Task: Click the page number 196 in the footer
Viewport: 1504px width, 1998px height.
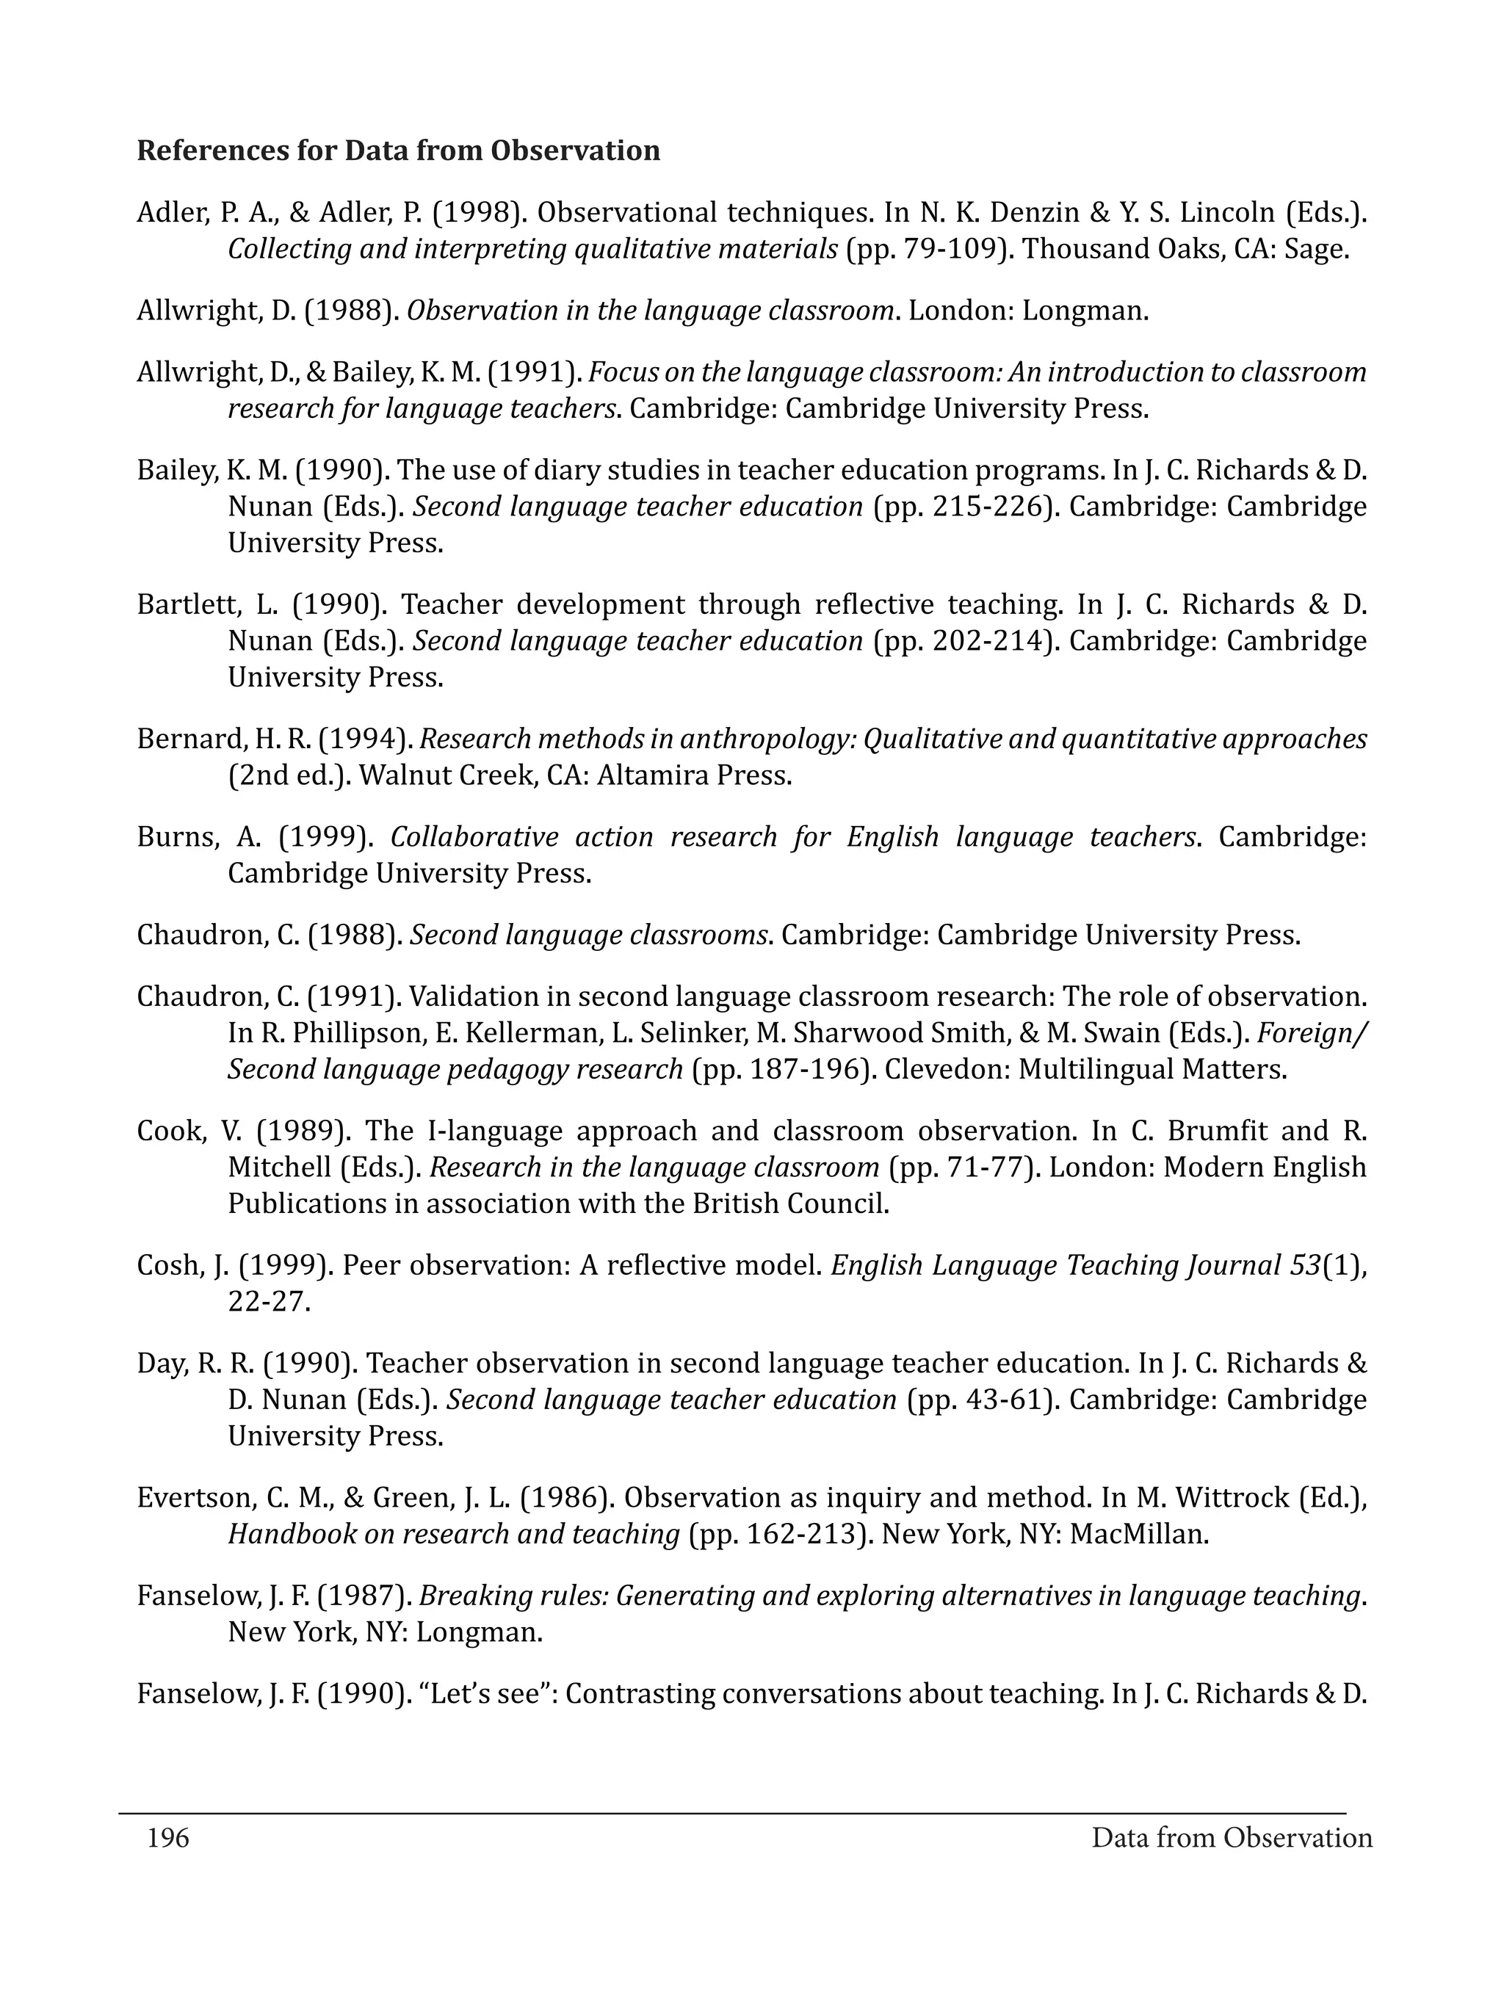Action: click(168, 1838)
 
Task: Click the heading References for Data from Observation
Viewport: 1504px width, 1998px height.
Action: click(398, 151)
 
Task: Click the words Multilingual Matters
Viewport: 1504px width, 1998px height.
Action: click(1151, 1069)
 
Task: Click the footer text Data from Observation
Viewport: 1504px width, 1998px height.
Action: click(1232, 1838)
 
